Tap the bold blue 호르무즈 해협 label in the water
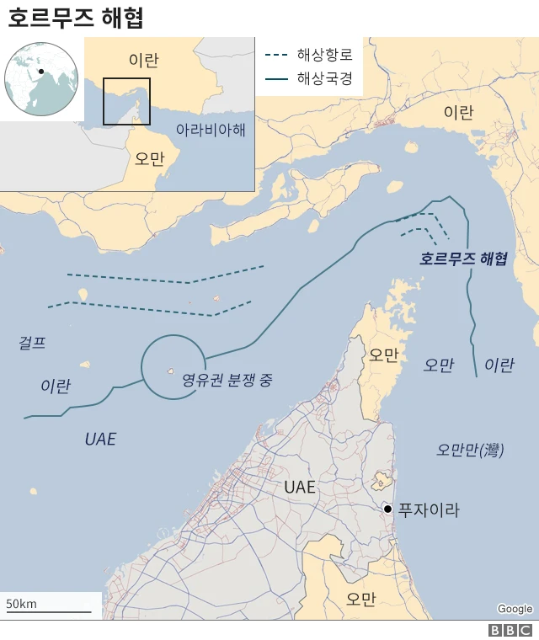463,259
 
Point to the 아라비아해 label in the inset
211,130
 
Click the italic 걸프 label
32,343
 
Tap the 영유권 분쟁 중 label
227,380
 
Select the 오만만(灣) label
470,451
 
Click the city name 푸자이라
429,509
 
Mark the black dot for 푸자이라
387,509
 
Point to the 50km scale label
22,604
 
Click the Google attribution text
515,609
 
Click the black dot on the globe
40,72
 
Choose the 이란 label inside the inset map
143,60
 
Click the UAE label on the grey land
299,488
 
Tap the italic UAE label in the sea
100,439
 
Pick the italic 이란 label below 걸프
56,386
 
